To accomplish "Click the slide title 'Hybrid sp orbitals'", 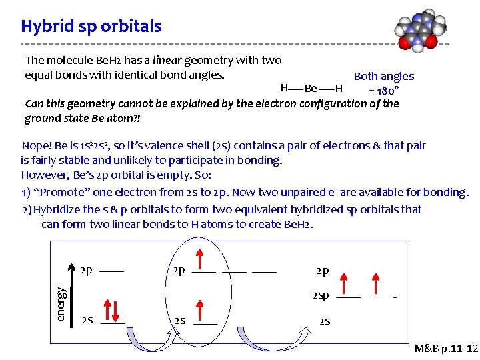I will coord(91,26).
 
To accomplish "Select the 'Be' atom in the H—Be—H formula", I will coord(311,88).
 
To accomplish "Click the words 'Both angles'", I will coord(383,76).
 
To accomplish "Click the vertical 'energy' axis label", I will coord(61,304).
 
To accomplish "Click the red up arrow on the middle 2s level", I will coord(199,310).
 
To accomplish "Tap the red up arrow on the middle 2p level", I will coord(199,259).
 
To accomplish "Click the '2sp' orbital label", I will coord(320,295).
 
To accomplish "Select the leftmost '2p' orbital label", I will coord(87,271).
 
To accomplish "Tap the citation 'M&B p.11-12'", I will coord(446,349).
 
